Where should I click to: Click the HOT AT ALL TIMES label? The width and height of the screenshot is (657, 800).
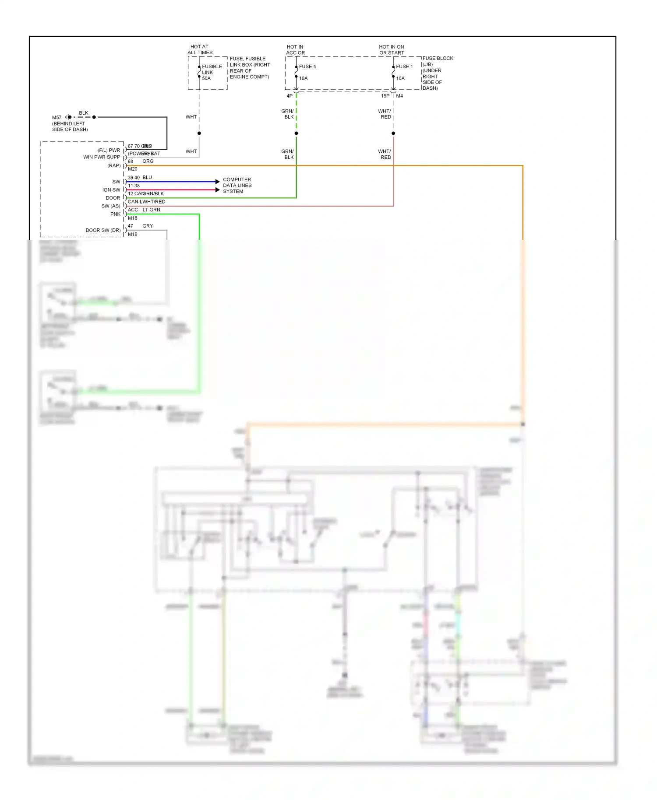pos(200,49)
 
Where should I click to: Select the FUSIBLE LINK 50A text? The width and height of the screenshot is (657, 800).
pos(212,72)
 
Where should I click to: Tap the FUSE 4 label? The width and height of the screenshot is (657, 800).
pos(307,67)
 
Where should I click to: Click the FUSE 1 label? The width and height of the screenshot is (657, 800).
pos(404,67)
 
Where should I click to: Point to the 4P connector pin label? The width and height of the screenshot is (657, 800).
pos(290,96)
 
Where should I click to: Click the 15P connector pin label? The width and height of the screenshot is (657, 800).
pos(385,96)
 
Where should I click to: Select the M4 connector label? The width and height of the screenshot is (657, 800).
pos(399,96)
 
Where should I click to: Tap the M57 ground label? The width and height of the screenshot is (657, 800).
pos(57,118)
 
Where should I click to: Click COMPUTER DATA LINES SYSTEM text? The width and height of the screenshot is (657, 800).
pos(237,186)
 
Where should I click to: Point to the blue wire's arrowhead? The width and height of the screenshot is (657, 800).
pos(218,181)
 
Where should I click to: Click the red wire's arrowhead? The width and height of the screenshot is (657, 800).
pos(218,190)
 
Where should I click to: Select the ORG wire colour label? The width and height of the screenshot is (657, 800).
pos(148,161)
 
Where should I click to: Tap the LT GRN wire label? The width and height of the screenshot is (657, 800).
pos(151,210)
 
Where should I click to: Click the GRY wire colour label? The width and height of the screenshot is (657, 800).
pos(148,226)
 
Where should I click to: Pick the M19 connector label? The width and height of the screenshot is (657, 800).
pos(132,235)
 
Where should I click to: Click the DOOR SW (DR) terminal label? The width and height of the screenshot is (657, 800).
pos(103,230)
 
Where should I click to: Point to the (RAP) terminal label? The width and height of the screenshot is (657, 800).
pos(114,165)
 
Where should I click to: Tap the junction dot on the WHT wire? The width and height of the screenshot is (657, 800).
pos(199,133)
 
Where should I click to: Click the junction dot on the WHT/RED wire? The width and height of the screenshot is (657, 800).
pos(393,133)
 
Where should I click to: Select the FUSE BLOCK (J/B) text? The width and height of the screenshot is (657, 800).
pos(438,61)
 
